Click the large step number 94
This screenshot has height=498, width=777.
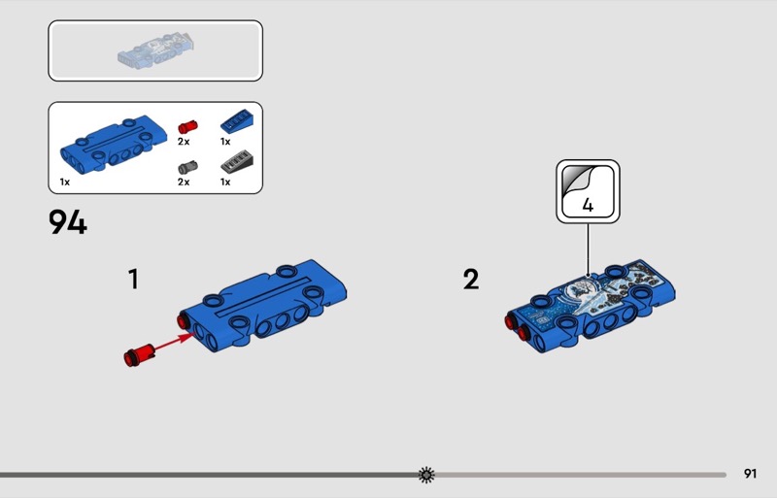click(x=68, y=222)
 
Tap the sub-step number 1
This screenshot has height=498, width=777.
click(x=133, y=279)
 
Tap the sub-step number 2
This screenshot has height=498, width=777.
click(x=471, y=279)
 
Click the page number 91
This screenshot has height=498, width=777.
click(x=750, y=474)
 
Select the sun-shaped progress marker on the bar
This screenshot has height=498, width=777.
click(x=426, y=475)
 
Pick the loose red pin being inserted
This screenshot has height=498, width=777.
click(x=139, y=354)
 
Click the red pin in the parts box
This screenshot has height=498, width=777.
click(x=187, y=127)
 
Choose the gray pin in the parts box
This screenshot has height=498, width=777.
click(x=187, y=168)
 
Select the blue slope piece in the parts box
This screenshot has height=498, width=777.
click(x=237, y=121)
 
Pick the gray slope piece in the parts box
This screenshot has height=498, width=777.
click(x=237, y=162)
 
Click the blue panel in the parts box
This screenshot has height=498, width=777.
click(x=114, y=144)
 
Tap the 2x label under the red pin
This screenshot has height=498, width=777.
click(x=184, y=142)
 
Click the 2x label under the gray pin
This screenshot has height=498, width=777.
click(x=184, y=183)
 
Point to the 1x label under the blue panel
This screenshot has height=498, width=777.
click(x=65, y=183)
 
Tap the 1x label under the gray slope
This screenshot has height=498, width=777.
click(x=225, y=183)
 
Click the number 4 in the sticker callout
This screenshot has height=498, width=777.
click(x=588, y=205)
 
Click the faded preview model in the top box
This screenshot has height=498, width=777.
click(x=155, y=50)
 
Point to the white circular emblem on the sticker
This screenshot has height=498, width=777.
click(x=578, y=289)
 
